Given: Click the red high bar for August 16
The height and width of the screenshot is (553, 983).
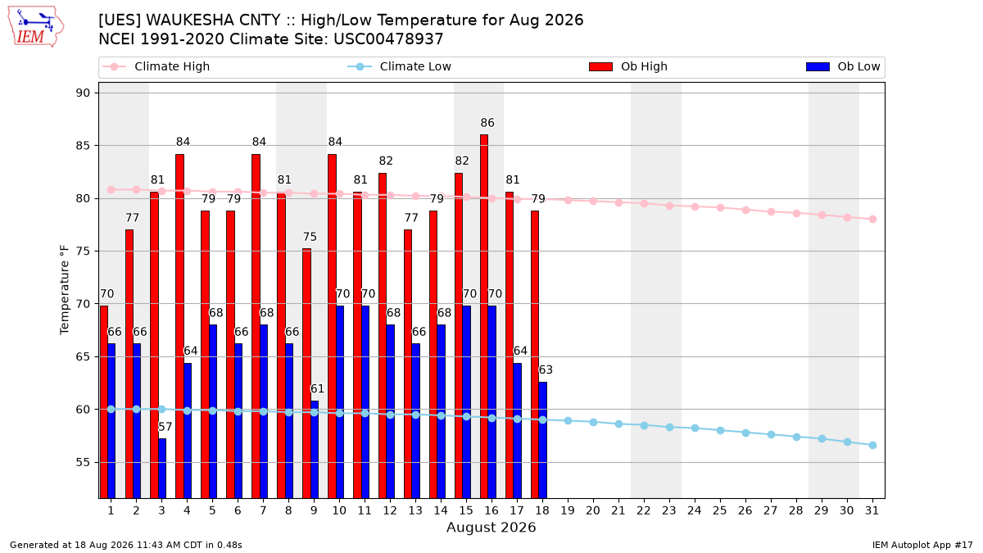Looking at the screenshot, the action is [x=483, y=316].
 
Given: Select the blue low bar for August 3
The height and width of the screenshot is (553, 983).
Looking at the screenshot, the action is [x=162, y=468].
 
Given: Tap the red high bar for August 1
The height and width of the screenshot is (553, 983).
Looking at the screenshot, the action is [x=103, y=401].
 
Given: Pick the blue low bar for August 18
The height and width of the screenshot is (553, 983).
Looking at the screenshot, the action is [x=543, y=440].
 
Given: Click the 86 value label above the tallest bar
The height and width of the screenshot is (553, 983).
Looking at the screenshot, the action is [x=487, y=123].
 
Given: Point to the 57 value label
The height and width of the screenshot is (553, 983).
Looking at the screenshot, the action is [x=165, y=427].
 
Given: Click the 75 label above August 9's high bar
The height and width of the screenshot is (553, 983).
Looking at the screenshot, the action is [x=310, y=237].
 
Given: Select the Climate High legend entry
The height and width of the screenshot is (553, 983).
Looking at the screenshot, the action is [x=156, y=66].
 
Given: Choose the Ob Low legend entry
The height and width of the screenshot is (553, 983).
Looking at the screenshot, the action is [x=843, y=66].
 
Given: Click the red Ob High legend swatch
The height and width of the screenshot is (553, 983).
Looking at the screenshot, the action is [x=600, y=66].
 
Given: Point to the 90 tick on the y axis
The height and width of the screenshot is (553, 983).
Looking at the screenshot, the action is [x=83, y=93].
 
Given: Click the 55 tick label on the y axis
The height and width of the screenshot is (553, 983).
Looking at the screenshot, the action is [x=83, y=463].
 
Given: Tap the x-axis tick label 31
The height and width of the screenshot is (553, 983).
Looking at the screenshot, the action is [x=872, y=510].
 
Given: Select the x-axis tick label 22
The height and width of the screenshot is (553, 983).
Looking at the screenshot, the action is [x=644, y=510].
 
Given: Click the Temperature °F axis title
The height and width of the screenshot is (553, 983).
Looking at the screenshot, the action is [x=65, y=290].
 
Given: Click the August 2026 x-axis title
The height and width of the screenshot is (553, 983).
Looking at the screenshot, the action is [x=491, y=527].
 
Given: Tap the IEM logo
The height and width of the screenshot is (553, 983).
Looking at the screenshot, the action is [x=36, y=27].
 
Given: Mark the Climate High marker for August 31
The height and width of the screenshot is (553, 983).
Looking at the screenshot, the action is [x=872, y=219].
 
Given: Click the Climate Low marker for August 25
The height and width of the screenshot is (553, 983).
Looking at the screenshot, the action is [x=720, y=431].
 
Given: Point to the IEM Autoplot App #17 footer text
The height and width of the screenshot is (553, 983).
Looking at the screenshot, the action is [x=922, y=545].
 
